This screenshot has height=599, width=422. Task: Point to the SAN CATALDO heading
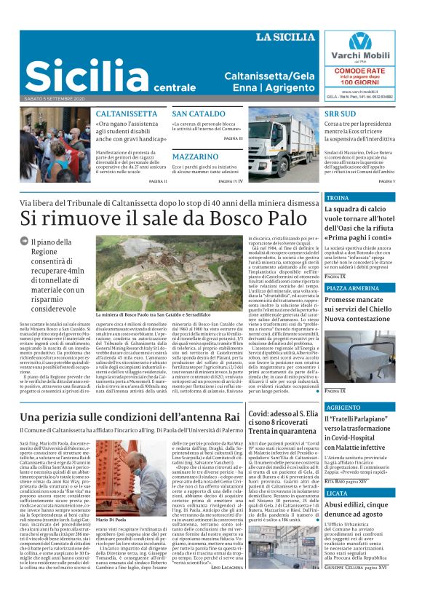click(199, 114)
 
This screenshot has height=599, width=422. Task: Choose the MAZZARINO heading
click(196, 156)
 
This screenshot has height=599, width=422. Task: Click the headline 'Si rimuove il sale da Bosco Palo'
click(154, 217)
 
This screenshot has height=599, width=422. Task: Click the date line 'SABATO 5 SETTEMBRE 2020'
click(55, 98)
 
